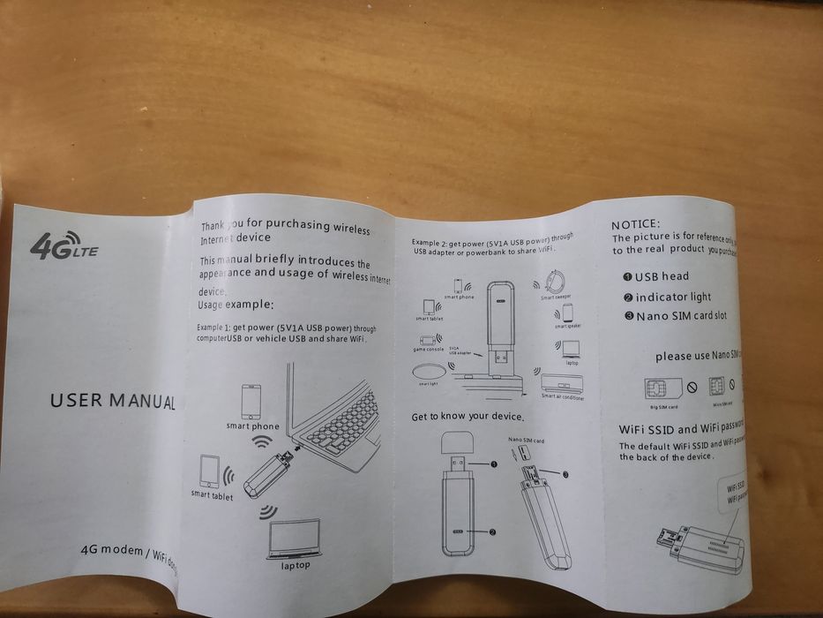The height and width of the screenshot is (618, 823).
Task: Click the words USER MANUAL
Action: [112, 401]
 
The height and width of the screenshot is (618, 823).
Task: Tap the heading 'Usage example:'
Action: [236, 305]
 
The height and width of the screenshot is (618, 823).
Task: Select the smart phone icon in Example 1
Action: [251, 402]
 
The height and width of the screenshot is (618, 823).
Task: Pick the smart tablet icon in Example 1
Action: [210, 471]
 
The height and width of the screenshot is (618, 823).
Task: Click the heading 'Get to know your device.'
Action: [468, 416]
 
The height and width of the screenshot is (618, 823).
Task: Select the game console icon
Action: [428, 339]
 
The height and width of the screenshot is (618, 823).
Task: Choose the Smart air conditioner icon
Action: [561, 383]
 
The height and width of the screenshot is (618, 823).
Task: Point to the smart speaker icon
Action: [567, 313]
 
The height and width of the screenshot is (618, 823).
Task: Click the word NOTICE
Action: [635, 225]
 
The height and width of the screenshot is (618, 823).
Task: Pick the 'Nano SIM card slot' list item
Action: [680, 315]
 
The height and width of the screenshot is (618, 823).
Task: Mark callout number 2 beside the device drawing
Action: [492, 531]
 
